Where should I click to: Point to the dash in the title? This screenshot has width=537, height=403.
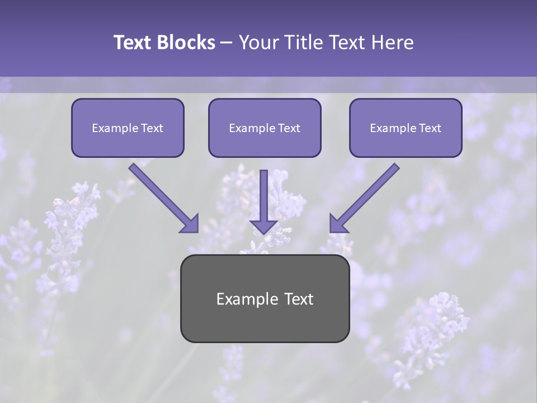pyautogui.click(x=227, y=43)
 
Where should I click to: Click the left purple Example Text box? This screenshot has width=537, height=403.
pyautogui.click(x=128, y=128)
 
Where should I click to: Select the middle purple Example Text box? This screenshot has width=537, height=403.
pyautogui.click(x=265, y=128)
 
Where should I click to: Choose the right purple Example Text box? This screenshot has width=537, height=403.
pyautogui.click(x=406, y=128)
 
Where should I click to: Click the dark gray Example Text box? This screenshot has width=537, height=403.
pyautogui.click(x=265, y=298)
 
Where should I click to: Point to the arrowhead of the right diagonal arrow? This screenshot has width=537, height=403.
pyautogui.click(x=338, y=224)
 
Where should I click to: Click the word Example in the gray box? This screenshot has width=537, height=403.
pyautogui.click(x=244, y=299)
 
